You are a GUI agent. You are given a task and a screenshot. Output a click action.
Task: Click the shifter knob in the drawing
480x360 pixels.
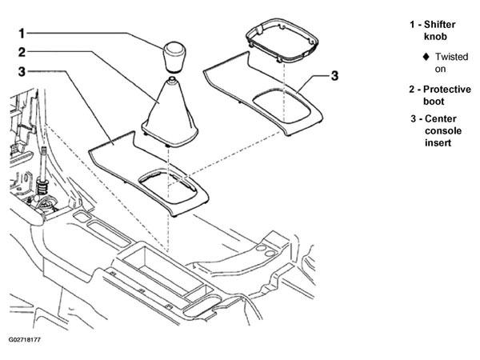174,58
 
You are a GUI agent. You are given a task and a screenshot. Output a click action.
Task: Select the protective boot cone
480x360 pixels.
170,114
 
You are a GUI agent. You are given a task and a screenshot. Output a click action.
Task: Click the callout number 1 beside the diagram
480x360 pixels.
22,34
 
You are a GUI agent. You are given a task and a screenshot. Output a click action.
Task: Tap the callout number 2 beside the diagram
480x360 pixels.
22,52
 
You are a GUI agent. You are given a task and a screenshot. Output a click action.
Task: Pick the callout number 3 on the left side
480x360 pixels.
22,72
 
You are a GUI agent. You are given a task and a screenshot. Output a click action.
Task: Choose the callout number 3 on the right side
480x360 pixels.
335,76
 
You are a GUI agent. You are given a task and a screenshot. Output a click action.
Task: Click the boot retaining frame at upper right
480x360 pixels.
282,41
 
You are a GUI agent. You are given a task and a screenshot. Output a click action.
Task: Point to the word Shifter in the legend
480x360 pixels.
439,25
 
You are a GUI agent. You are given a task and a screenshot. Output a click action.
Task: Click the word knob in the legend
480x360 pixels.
435,37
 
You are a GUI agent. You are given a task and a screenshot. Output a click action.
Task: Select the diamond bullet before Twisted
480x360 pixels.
426,57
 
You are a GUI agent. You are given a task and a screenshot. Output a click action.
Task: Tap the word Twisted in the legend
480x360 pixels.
452,57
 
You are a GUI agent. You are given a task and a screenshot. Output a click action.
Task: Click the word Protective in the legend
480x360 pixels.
447,90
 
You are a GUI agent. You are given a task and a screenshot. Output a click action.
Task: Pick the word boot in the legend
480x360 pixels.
434,102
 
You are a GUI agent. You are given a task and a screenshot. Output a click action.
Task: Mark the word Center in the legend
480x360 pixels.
441,118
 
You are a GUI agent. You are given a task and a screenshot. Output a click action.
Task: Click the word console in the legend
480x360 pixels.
443,131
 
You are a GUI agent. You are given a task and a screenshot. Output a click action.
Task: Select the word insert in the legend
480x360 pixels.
438,143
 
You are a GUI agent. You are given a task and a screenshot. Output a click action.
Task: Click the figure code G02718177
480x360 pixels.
25,340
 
